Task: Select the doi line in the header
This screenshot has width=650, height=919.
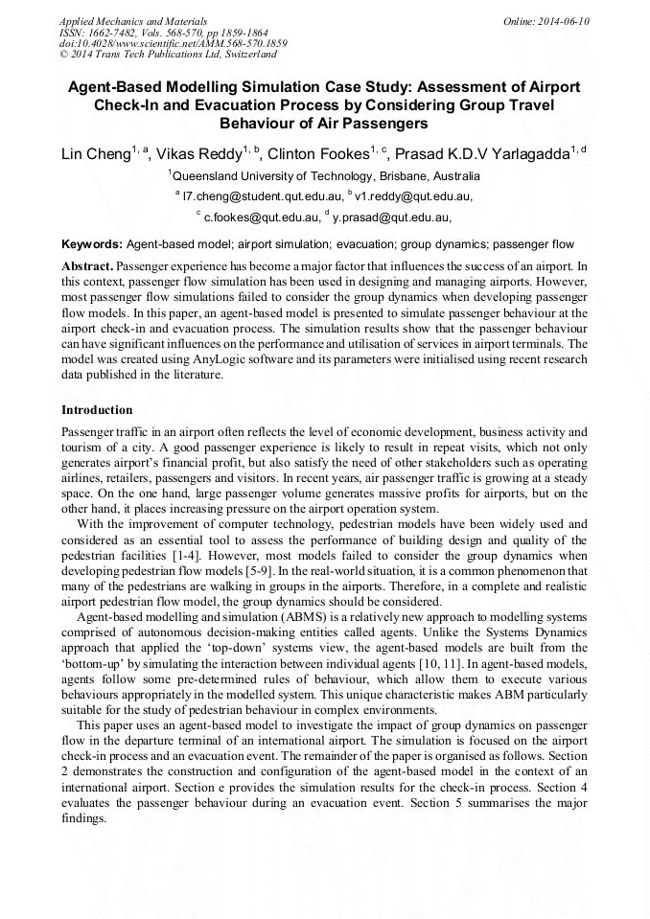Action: click(x=173, y=44)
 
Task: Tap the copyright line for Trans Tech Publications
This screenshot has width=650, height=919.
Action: click(x=168, y=56)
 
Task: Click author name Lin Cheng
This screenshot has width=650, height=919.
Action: click(x=95, y=154)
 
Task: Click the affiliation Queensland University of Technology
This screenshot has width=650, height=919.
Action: click(x=325, y=176)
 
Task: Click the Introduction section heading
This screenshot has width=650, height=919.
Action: click(x=98, y=410)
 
